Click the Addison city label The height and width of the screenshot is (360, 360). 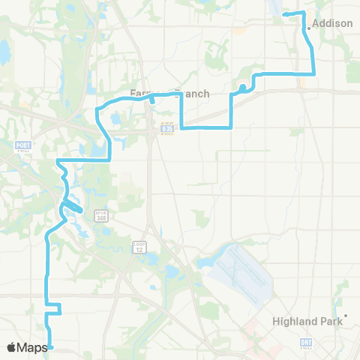click(x=332, y=23)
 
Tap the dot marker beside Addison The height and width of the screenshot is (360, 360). click(x=308, y=28)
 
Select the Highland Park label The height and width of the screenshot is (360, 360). click(x=307, y=321)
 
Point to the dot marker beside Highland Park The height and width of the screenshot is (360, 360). click(x=346, y=316)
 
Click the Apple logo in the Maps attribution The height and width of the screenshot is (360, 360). click(x=12, y=347)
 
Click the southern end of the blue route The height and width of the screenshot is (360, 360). click(x=52, y=347)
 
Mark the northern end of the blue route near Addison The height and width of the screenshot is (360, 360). click(x=283, y=14)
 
